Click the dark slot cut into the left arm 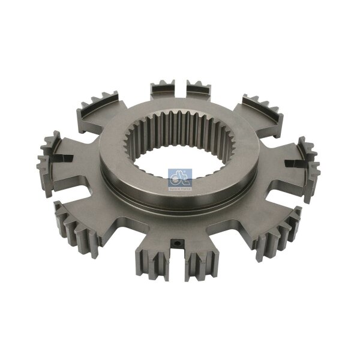[x=62, y=158]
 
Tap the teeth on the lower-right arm [x=279, y=231]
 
